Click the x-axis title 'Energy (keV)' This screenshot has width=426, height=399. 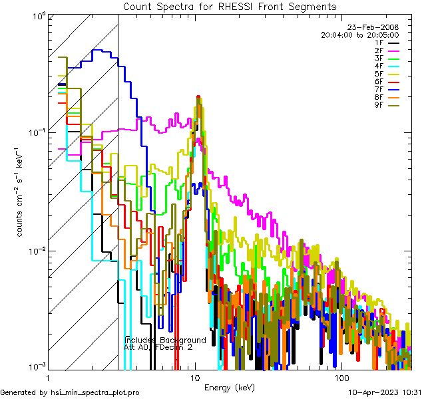[x=229, y=388]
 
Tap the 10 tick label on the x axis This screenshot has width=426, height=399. [x=195, y=377]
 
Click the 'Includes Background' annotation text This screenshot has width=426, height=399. [x=165, y=340]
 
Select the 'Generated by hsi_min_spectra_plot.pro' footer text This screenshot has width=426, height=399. [x=70, y=392]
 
